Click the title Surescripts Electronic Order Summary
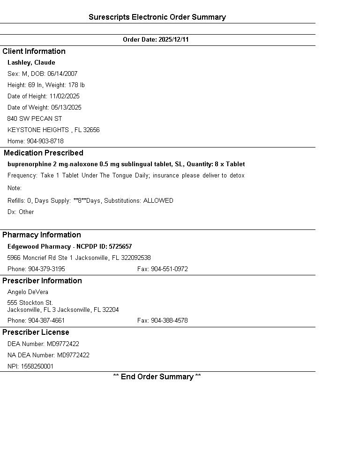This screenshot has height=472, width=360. point(157,17)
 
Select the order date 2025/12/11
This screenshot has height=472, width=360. point(173,40)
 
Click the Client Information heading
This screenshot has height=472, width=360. point(34,52)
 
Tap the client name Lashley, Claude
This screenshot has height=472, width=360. point(31,63)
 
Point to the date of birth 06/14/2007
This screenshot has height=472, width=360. point(62,74)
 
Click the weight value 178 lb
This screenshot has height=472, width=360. point(76,85)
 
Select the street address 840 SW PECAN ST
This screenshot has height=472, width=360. point(35,119)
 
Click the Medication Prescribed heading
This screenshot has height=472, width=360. point(44,153)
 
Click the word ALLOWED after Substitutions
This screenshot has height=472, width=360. point(158,201)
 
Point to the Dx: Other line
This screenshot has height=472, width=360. point(21,212)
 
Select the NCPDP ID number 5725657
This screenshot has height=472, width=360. point(120,247)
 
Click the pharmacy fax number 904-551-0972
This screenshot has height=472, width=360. point(169,269)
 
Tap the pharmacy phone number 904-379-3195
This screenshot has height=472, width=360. point(46,269)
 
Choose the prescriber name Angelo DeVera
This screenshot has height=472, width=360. point(28,292)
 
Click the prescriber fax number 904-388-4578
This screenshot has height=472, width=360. point(169,321)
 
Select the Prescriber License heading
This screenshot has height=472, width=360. point(36,332)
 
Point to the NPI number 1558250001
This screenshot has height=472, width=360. point(37,367)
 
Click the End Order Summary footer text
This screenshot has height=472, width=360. point(157,377)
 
